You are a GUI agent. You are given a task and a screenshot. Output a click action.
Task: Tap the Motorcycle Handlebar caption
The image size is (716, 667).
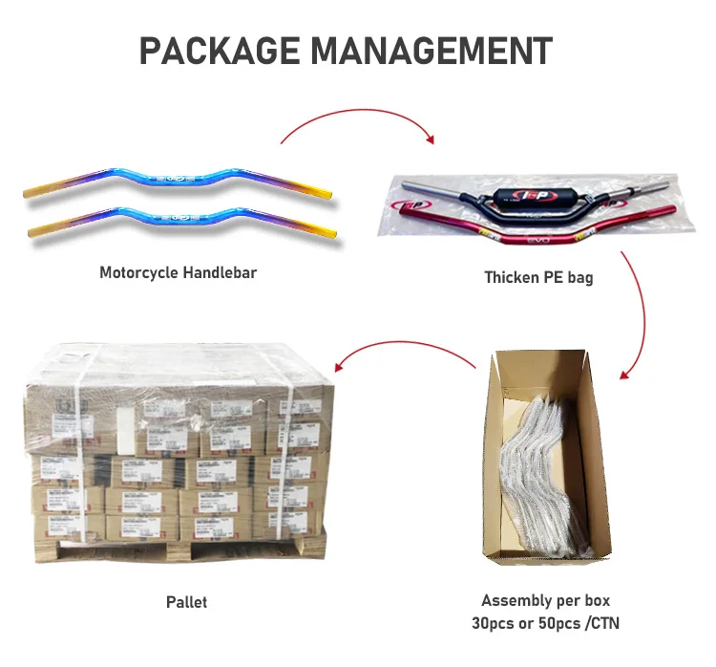179,272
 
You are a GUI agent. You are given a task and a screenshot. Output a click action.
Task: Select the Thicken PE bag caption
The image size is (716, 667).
538,277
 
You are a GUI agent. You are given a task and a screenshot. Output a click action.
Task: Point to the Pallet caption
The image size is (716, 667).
186,602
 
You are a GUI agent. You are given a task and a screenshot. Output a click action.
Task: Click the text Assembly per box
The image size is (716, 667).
545,600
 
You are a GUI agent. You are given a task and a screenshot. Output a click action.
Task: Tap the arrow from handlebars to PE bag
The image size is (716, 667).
358,118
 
